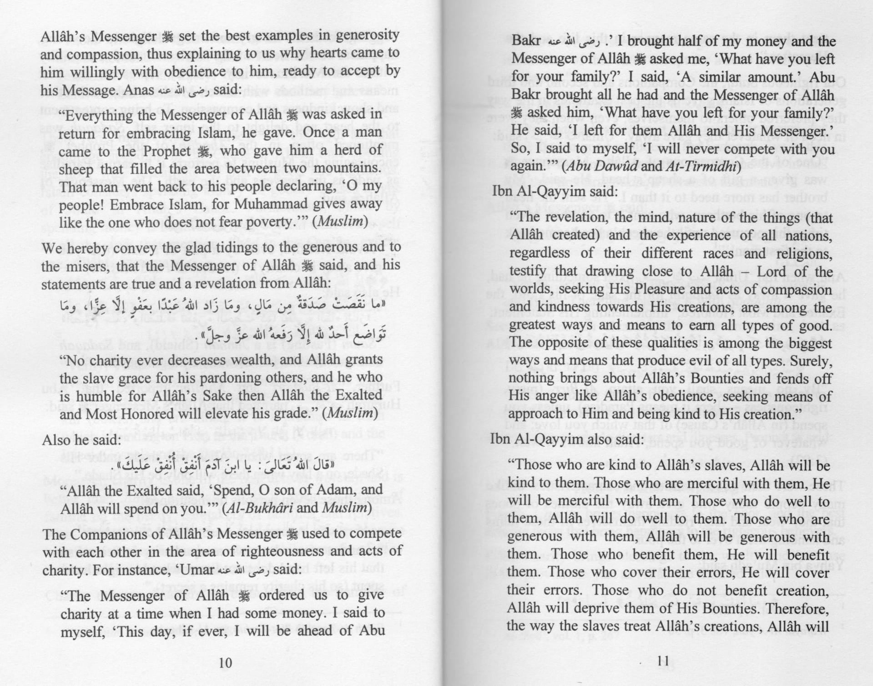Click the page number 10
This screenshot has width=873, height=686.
point(225,662)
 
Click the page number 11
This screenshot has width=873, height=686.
point(662,661)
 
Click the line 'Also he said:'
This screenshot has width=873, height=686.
point(81,440)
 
